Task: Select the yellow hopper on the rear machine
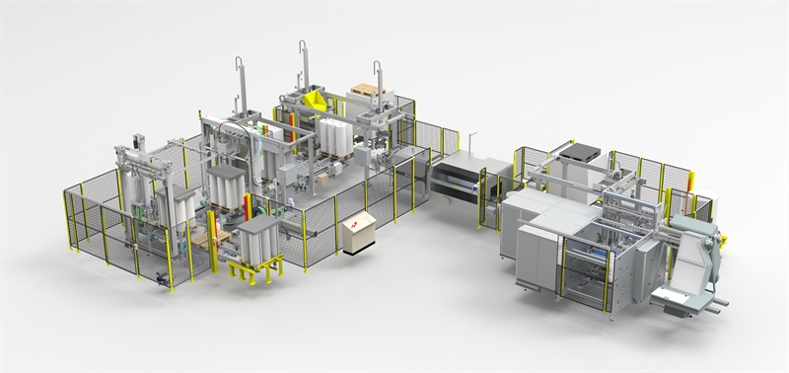pyautogui.click(x=317, y=100)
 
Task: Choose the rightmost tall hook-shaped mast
pyautogui.click(x=377, y=79)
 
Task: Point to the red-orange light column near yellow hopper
pyautogui.click(x=291, y=122)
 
